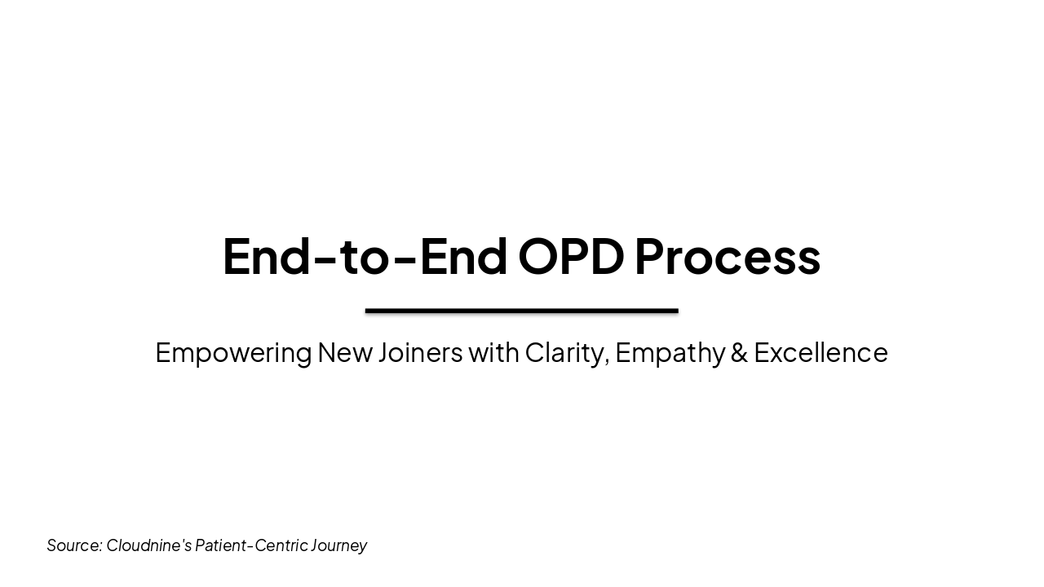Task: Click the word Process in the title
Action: coord(727,256)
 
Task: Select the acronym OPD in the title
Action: coord(571,256)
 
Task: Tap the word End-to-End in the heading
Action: coord(365,256)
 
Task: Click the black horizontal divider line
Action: coord(521,311)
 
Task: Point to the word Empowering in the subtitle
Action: coord(233,353)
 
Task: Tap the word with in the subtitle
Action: coord(493,352)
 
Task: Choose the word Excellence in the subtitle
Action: coord(821,352)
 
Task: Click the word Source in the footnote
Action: coord(73,545)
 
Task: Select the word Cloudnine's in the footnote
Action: coord(148,545)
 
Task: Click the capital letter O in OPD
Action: coord(537,256)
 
